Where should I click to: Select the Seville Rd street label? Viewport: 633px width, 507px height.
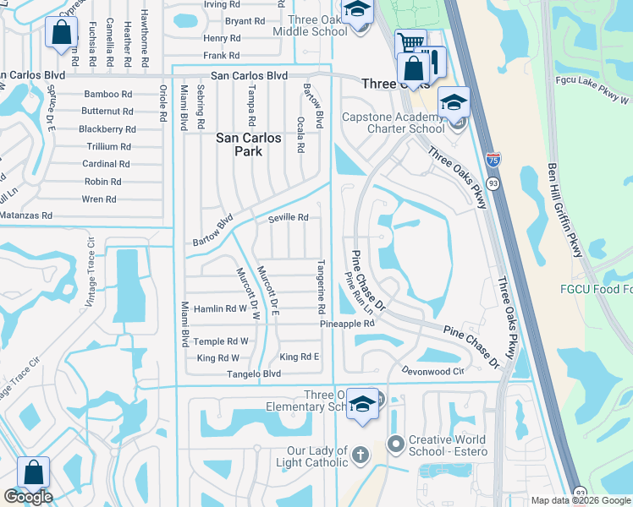click(x=288, y=217)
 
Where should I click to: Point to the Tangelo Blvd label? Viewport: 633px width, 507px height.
click(x=257, y=373)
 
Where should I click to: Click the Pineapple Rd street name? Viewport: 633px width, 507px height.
click(x=347, y=324)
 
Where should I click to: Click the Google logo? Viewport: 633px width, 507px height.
click(x=28, y=497)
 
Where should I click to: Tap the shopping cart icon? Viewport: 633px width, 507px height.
click(x=410, y=42)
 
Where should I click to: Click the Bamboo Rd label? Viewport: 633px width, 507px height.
click(x=107, y=94)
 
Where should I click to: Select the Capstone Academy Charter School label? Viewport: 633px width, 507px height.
click(x=393, y=123)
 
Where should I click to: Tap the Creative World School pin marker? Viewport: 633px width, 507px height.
click(x=395, y=444)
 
